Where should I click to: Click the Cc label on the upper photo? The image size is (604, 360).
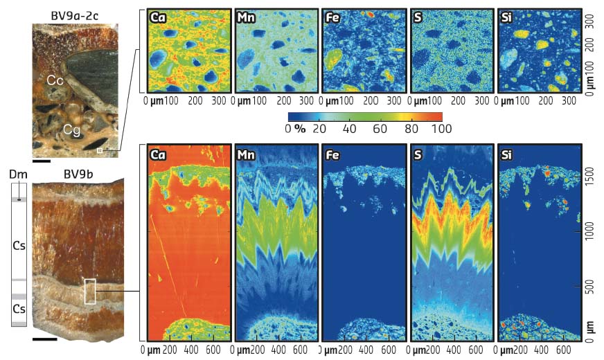click(56, 81)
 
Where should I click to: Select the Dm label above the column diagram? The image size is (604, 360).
click(15, 177)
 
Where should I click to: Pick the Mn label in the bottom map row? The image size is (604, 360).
click(246, 154)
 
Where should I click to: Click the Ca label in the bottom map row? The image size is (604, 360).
click(158, 154)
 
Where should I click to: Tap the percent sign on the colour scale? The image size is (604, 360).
click(299, 128)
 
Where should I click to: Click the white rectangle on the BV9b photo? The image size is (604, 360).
click(90, 291)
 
